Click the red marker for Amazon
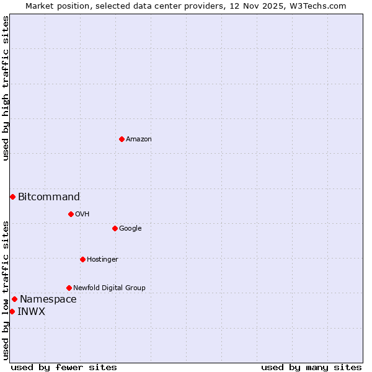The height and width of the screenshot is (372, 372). coord(122,139)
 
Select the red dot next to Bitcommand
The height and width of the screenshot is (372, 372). coord(12,197)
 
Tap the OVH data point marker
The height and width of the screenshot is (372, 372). coord(71,214)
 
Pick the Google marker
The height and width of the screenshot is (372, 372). coord(115,228)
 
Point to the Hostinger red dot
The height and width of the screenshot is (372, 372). coord(82,259)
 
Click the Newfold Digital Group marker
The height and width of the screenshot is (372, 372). coord(69,288)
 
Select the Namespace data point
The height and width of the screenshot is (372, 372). coord(14,299)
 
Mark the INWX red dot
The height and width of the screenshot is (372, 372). coord(12,311)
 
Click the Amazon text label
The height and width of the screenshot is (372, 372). coord(139,139)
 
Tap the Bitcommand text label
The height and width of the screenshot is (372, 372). coord(49,197)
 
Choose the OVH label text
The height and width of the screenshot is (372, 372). coord(82,215)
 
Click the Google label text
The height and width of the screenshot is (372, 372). coord(130,229)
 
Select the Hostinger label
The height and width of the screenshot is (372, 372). coord(102,260)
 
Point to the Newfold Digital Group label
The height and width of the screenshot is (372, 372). coord(109,288)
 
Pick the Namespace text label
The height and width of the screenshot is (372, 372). coord(48,299)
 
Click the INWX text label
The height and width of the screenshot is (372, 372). coord(31,312)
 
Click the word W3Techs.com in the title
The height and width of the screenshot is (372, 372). coord(320,6)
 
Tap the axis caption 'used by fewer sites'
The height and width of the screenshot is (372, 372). coord(64,367)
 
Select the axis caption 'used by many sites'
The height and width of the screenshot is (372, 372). coord(311,367)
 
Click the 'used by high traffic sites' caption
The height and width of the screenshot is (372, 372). coord(6,88)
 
